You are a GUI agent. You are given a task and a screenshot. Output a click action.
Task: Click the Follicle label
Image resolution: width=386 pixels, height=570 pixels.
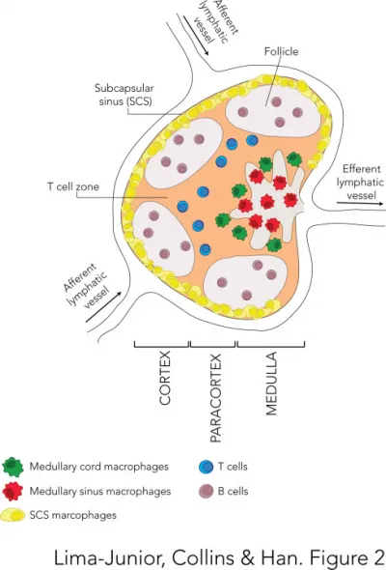(x=281, y=51)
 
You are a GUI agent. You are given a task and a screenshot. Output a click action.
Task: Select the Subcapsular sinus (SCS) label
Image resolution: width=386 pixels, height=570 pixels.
(x=124, y=95)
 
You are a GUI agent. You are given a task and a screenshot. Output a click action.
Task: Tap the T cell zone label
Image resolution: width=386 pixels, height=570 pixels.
(x=73, y=186)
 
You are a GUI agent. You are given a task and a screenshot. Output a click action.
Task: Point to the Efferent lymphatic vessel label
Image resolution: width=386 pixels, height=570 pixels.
(x=360, y=183)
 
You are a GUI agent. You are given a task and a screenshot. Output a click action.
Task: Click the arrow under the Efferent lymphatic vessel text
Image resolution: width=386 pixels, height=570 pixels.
(x=360, y=204)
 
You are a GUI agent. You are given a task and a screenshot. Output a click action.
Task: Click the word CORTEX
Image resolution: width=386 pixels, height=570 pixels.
(x=165, y=378)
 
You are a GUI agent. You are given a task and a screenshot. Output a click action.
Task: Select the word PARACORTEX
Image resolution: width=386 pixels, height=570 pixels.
(x=216, y=398)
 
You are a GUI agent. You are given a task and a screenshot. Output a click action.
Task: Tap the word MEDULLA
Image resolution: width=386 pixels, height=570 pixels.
(x=271, y=384)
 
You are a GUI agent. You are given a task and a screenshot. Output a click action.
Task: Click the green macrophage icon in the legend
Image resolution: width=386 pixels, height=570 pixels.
(x=13, y=467)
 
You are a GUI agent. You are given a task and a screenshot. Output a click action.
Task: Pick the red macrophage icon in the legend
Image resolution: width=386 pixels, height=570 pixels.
(x=13, y=491)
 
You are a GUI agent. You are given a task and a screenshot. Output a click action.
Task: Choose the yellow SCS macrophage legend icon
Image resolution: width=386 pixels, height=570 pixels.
(x=14, y=515)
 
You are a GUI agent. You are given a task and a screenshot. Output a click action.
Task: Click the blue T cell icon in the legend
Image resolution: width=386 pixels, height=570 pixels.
(x=207, y=467)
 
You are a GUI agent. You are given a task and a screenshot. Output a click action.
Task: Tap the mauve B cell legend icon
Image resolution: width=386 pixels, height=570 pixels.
(x=207, y=491)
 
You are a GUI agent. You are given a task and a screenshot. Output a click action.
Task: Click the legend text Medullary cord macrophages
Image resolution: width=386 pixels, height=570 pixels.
(x=98, y=467)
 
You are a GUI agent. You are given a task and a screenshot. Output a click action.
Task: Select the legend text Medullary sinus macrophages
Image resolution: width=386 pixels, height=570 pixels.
(x=99, y=491)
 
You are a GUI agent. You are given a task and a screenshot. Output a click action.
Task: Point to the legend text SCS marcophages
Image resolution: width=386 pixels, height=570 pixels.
(x=73, y=515)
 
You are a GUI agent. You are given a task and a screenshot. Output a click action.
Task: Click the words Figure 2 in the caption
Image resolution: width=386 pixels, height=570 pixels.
(x=348, y=556)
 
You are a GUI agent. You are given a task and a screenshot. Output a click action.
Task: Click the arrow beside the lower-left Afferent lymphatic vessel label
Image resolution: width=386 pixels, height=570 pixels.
(x=103, y=307)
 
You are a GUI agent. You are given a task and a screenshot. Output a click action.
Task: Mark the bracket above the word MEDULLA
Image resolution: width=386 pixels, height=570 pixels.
(x=271, y=344)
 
